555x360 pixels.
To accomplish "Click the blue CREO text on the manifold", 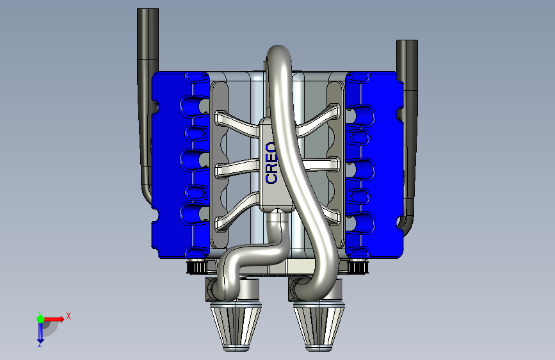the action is [271, 163].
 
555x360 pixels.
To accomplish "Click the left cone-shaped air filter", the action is [236, 326].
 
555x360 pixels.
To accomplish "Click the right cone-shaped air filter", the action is [319, 326].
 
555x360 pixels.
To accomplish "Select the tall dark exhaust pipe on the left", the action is [147, 106].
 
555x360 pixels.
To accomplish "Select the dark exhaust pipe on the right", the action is [408, 135].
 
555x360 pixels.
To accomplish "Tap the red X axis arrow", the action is [54, 319].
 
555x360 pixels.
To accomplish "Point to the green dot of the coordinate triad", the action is [40, 319].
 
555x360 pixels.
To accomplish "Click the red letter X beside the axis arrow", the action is [68, 316].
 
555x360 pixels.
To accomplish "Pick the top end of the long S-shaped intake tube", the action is [278, 49].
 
